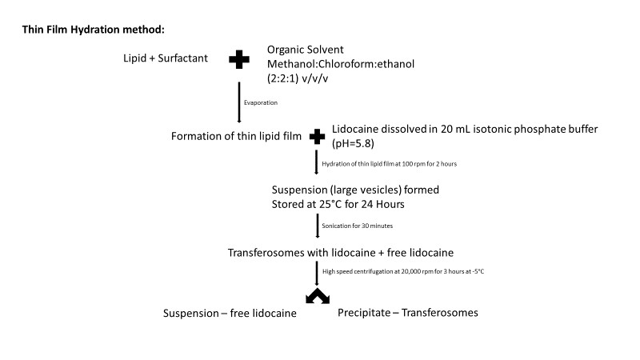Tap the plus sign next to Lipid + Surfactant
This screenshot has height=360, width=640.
[x=239, y=59]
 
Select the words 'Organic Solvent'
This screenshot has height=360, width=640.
[x=308, y=48]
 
